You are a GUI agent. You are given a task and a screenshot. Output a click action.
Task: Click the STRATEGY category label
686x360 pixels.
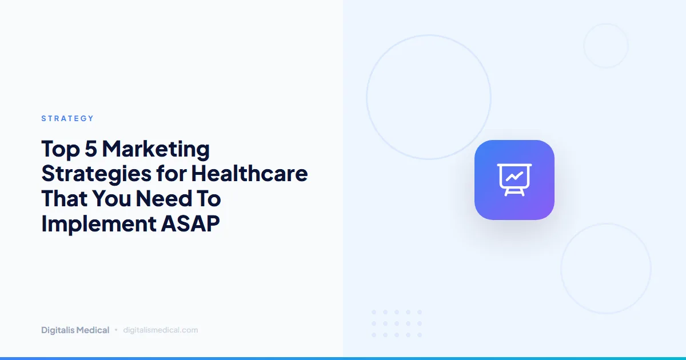point(67,118)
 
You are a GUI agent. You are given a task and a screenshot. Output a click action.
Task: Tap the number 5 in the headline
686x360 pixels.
point(91,150)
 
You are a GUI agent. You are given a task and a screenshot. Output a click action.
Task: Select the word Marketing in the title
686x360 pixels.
point(156,150)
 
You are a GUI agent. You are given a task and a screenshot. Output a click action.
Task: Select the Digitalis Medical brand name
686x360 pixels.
point(75,330)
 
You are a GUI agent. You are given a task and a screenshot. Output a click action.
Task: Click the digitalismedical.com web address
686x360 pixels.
point(161,330)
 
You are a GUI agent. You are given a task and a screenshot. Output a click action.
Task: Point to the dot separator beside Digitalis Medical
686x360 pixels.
point(116,330)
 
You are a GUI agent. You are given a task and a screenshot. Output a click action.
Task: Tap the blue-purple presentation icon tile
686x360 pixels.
point(514,180)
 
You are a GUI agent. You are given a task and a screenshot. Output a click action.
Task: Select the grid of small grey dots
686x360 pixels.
point(397,323)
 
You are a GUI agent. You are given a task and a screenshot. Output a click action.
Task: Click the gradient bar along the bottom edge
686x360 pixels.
point(343,358)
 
